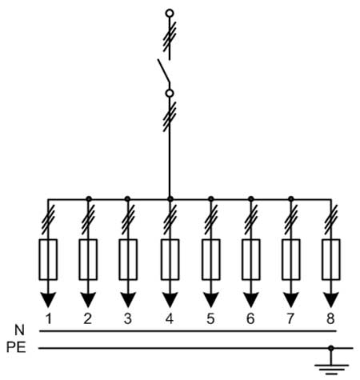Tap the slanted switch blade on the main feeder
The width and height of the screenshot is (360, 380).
pyautogui.click(x=164, y=70)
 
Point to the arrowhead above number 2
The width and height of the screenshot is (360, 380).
pyautogui.click(x=88, y=299)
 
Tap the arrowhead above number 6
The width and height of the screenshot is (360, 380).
pyautogui.click(x=251, y=299)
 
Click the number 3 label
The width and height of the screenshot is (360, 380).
pyautogui.click(x=128, y=318)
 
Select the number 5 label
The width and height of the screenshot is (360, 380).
pyautogui.click(x=210, y=318)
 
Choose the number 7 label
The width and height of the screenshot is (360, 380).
pyautogui.click(x=290, y=318)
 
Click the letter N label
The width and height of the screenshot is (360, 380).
pyautogui.click(x=19, y=330)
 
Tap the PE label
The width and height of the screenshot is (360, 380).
pyautogui.click(x=16, y=347)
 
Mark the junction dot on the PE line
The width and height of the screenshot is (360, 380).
pyautogui.click(x=331, y=348)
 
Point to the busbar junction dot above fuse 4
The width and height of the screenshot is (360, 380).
pyautogui.click(x=170, y=199)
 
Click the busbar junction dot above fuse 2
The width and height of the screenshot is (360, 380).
pyautogui.click(x=89, y=199)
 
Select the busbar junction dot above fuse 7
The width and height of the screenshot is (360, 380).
pyautogui.click(x=291, y=199)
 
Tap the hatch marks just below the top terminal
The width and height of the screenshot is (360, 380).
pyautogui.click(x=170, y=37)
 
